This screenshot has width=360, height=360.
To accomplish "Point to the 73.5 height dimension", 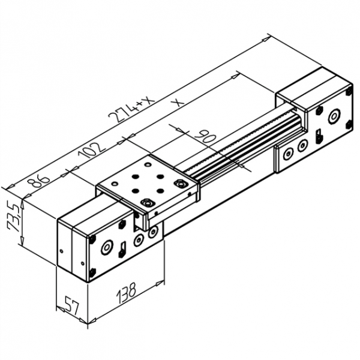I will (x=13, y=217).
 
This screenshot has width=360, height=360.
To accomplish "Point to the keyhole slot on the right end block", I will (x=317, y=136).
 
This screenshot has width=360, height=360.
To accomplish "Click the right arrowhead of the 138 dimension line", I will (x=162, y=281).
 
